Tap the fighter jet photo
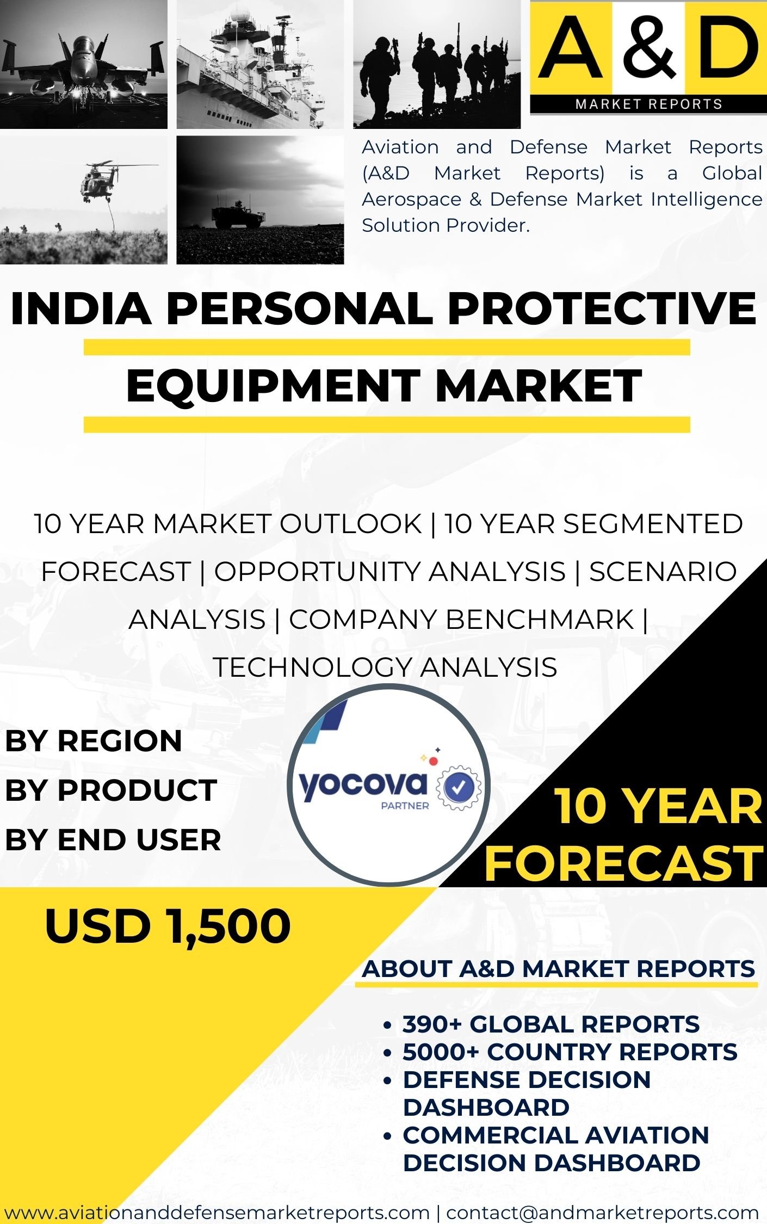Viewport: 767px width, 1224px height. tap(84, 64)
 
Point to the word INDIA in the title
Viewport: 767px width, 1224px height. tap(81, 308)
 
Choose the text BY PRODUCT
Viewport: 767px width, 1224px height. tap(111, 790)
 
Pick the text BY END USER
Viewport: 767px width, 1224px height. tap(113, 839)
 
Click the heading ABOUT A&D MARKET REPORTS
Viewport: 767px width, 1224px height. tap(559, 969)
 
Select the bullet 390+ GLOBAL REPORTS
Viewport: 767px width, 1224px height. tap(551, 1024)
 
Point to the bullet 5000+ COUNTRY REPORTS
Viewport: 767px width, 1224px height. tap(570, 1052)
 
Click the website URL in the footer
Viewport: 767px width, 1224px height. tap(217, 1212)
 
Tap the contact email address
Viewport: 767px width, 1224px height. tap(602, 1212)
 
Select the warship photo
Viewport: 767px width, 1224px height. tap(260, 64)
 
